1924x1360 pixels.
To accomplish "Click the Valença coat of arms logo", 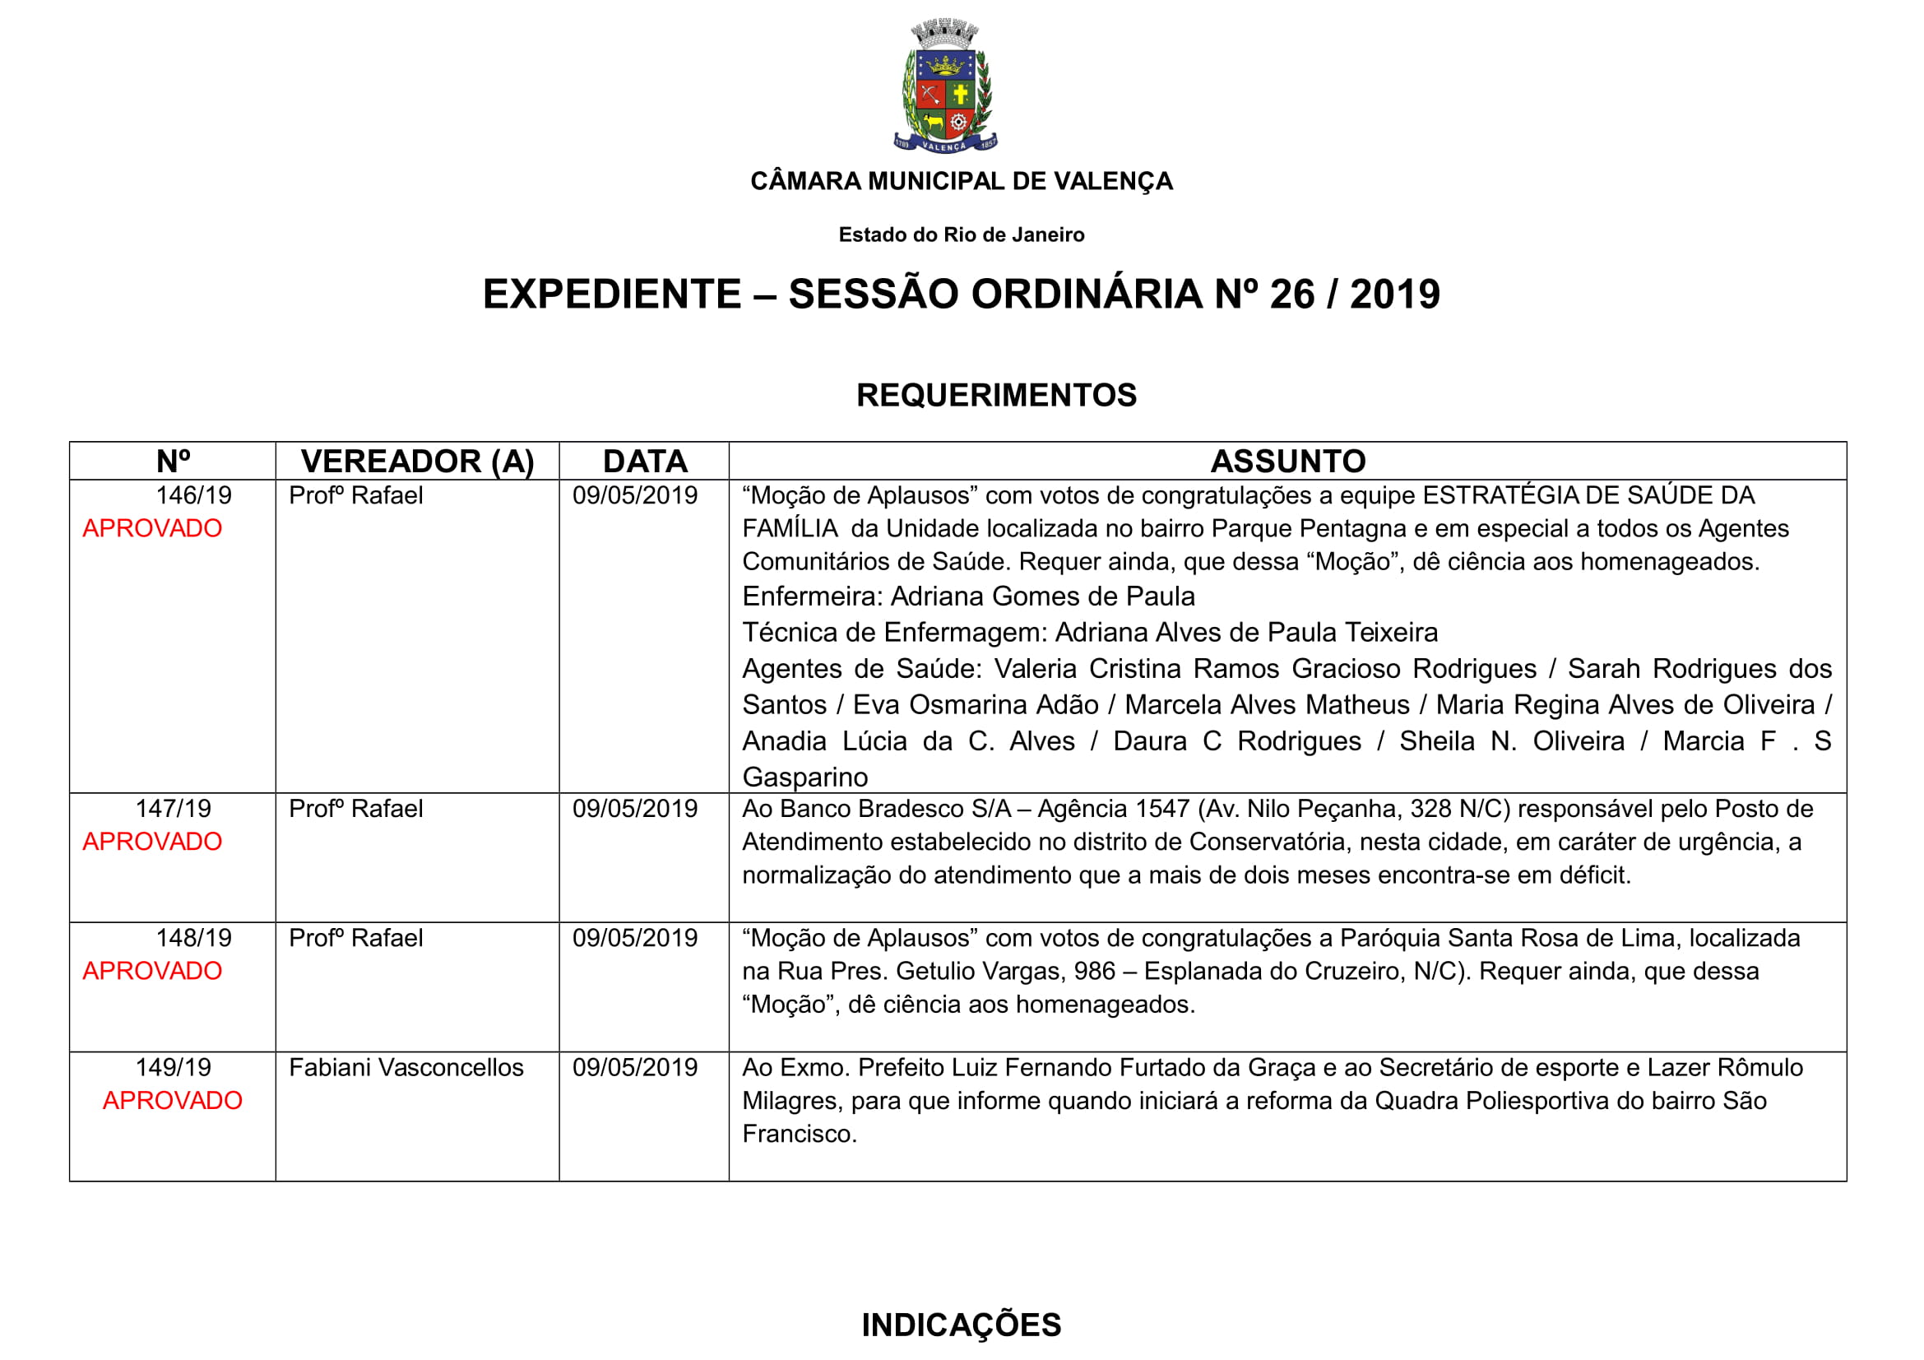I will click(945, 86).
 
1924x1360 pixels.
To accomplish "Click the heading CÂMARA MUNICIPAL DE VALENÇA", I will click(961, 181).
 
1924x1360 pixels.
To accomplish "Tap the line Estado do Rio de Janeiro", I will click(961, 234).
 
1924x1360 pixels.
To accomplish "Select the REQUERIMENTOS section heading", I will click(996, 395).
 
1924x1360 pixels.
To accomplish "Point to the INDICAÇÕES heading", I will click(961, 1325).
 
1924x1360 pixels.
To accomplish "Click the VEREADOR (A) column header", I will click(417, 462).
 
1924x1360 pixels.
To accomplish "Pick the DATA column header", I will click(644, 462).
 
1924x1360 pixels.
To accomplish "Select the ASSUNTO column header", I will click(1288, 462).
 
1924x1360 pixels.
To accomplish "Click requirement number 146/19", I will click(193, 495).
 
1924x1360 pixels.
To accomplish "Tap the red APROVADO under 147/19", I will click(152, 842).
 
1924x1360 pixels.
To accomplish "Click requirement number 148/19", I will click(193, 938).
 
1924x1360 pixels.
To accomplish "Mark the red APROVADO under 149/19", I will click(173, 1100).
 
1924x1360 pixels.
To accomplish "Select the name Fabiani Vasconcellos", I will click(406, 1068).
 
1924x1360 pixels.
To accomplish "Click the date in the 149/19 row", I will click(635, 1068).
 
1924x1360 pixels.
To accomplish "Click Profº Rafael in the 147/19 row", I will click(356, 809).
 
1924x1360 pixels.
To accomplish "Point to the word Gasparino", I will click(805, 777).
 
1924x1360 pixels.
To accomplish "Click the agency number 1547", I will click(1160, 809).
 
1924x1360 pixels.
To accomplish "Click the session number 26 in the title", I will click(1292, 294).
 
